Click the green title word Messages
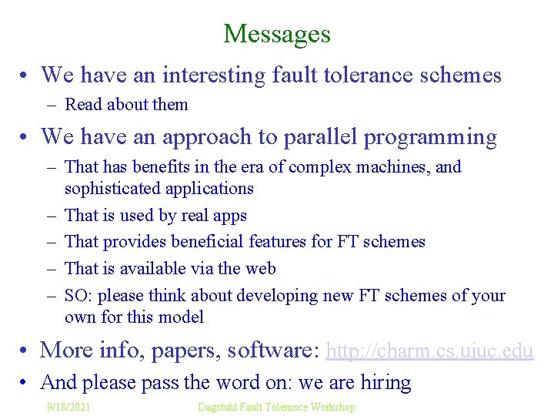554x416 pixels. [x=277, y=34]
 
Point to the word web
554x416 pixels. [x=261, y=268]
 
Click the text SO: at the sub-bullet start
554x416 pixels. [x=78, y=295]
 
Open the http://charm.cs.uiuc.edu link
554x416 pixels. [x=429, y=351]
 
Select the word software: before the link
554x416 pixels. [x=275, y=351]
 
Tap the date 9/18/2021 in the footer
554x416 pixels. [x=68, y=406]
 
